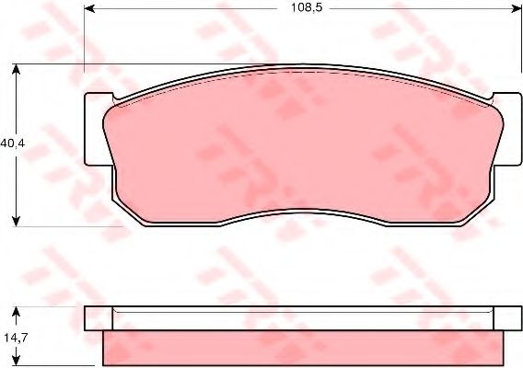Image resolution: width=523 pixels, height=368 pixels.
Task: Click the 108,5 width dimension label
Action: [307, 7]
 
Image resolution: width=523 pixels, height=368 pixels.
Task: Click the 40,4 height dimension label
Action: [12, 144]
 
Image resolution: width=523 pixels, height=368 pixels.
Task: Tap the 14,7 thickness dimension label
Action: [16, 338]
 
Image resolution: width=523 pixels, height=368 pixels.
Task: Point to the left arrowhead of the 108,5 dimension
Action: [89, 8]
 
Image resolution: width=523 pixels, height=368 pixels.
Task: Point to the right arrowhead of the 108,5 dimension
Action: [516, 8]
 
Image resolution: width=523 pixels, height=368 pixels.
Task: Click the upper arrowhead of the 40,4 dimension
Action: [16, 69]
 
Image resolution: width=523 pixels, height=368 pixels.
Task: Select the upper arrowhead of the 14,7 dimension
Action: [16, 312]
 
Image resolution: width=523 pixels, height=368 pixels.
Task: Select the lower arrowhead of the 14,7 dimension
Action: [16, 360]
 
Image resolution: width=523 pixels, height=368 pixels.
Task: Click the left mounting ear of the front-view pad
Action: [97, 129]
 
